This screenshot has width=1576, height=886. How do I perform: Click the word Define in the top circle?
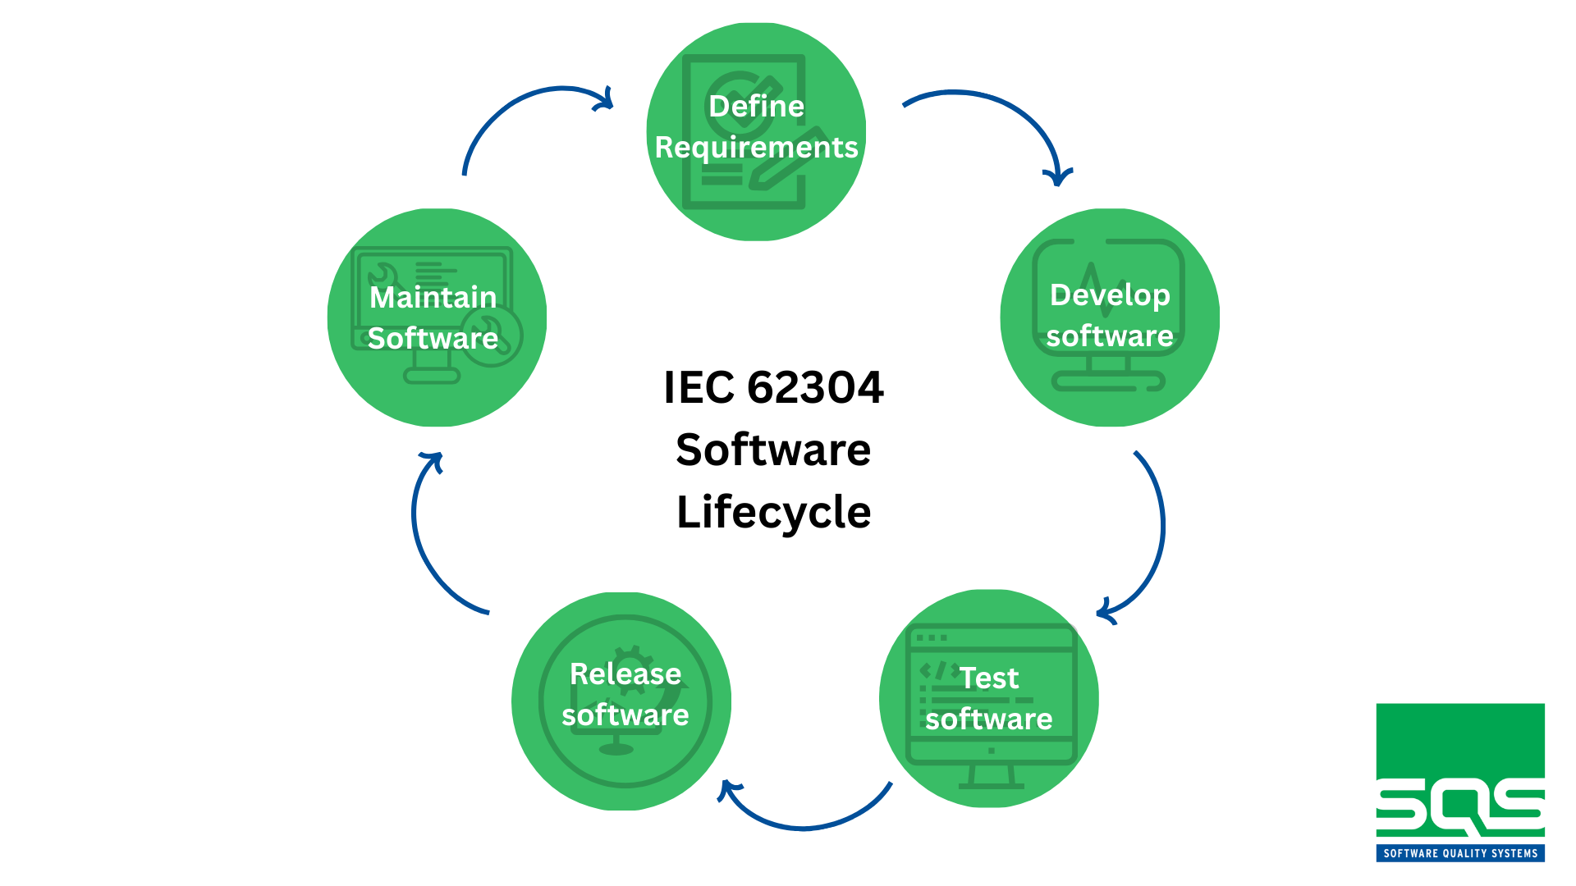pyautogui.click(x=756, y=107)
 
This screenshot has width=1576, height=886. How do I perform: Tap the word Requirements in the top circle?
pyautogui.click(x=756, y=148)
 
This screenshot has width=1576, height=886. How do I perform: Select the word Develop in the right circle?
pyautogui.click(x=1110, y=295)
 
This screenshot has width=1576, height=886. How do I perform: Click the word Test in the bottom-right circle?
pyautogui.click(x=989, y=678)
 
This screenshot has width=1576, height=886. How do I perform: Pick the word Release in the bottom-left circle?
pyautogui.click(x=625, y=674)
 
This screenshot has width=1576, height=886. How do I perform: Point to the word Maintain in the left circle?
pyautogui.click(x=433, y=297)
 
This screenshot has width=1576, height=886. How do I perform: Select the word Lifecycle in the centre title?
pyautogui.click(x=773, y=512)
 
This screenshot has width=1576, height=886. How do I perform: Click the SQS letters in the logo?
pyautogui.click(x=1460, y=808)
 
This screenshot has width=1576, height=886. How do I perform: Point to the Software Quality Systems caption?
pyautogui.click(x=1460, y=853)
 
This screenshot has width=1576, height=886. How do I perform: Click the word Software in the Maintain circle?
pyautogui.click(x=433, y=338)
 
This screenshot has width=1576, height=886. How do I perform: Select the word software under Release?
pyautogui.click(x=625, y=715)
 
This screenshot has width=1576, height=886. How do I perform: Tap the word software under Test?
pyautogui.click(x=989, y=719)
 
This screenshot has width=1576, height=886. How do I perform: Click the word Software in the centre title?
pyautogui.click(x=773, y=450)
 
